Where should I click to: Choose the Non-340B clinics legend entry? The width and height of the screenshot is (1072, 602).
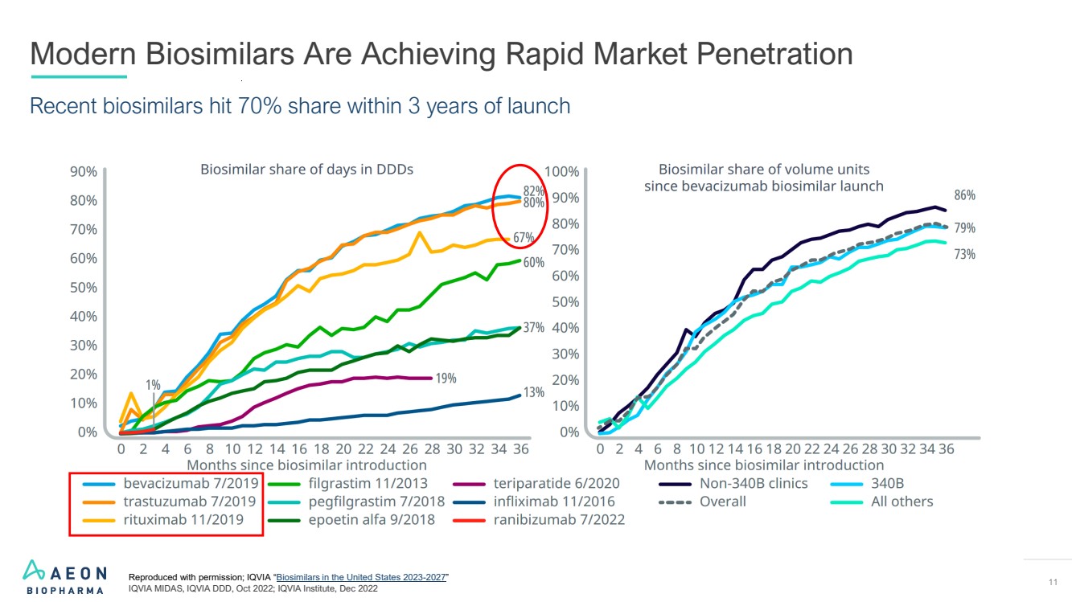tap(753, 484)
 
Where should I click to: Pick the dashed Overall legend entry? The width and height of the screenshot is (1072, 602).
tap(721, 502)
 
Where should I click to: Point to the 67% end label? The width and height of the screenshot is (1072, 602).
tap(524, 238)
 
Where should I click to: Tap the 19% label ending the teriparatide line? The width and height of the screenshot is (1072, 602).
tap(446, 378)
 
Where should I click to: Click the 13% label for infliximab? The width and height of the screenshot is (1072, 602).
tap(534, 392)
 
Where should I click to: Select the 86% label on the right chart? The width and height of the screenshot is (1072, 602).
tap(964, 195)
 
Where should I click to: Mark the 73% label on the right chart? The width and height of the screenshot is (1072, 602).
tap(964, 254)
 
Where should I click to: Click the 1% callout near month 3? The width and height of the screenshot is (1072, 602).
tap(153, 385)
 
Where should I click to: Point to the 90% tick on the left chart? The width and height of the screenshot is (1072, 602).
tap(84, 171)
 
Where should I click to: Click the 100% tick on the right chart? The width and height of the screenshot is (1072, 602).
tap(561, 171)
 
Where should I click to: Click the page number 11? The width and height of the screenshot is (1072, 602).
tap(1053, 582)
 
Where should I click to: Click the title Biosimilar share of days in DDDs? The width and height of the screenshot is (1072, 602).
tap(306, 170)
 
